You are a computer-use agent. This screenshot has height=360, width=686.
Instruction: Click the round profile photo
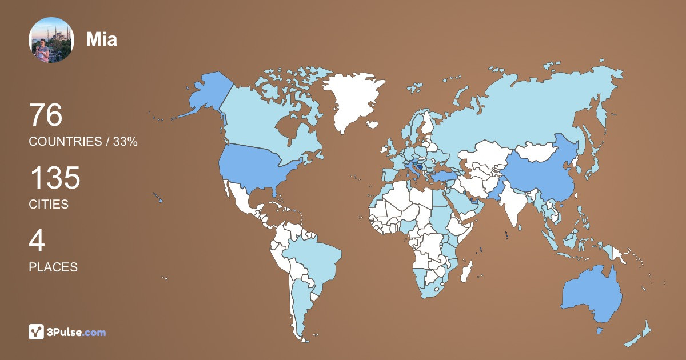tap(51, 40)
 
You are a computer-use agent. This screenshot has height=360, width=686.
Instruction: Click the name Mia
tap(102, 39)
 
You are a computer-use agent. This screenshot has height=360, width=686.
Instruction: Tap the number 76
tap(46, 115)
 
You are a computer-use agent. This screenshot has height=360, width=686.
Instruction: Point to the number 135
tap(55, 178)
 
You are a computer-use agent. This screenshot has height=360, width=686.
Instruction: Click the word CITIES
tap(49, 205)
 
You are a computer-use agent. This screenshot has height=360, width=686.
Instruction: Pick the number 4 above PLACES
tap(37, 241)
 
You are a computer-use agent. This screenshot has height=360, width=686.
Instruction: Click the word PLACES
tap(53, 267)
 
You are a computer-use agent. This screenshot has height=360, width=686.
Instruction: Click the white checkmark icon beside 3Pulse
tap(36, 332)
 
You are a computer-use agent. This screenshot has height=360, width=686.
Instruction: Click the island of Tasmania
tap(600, 331)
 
